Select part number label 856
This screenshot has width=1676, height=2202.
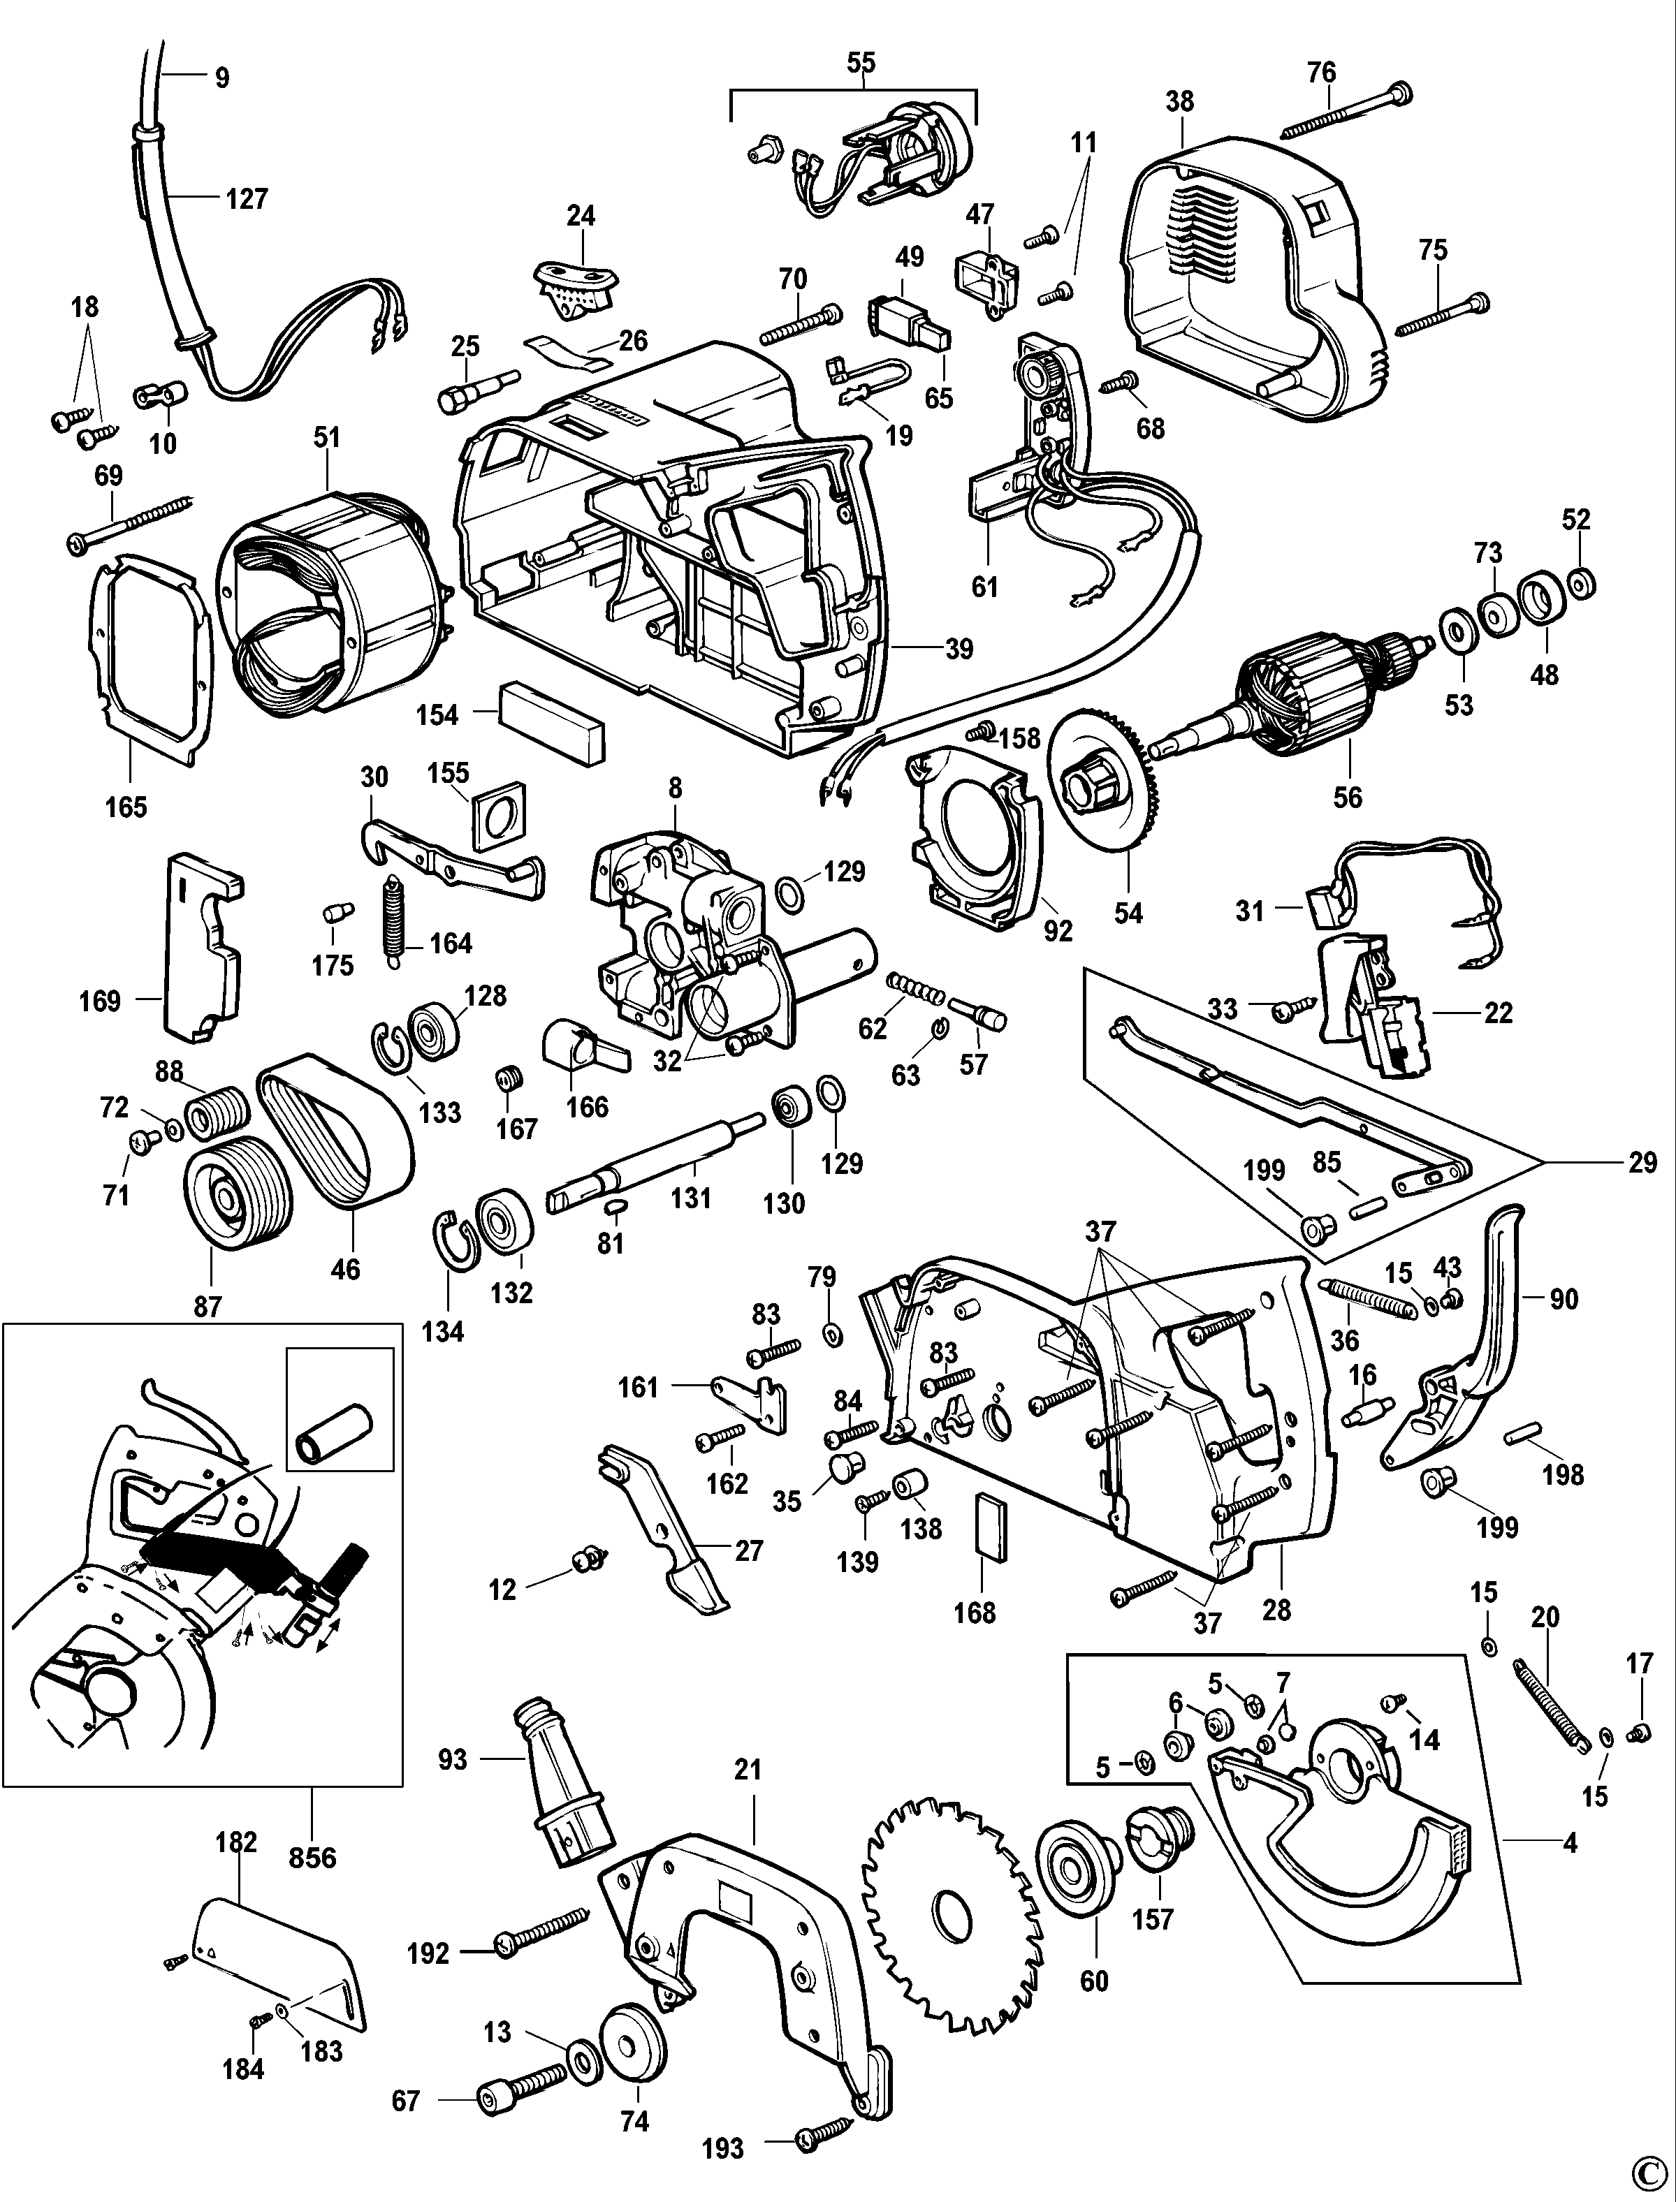click(x=312, y=1857)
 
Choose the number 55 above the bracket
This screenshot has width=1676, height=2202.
click(x=860, y=62)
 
